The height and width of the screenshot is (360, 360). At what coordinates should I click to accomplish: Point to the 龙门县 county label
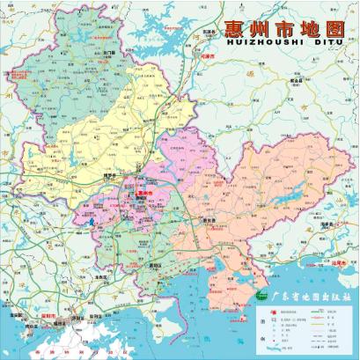click(110, 53)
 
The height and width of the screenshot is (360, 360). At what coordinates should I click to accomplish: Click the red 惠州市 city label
click(143, 192)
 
